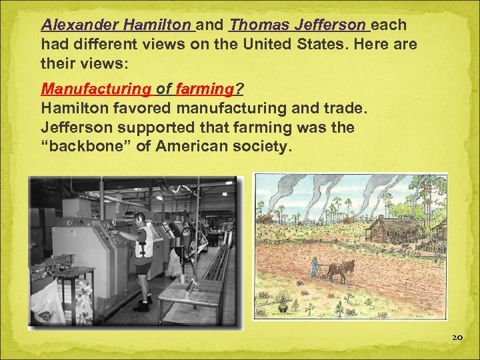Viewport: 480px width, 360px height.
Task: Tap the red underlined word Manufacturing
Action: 96,89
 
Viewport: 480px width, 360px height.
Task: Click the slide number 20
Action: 457,338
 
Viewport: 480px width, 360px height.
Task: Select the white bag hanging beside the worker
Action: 175,263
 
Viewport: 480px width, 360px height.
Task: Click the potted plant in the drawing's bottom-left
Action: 283,308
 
